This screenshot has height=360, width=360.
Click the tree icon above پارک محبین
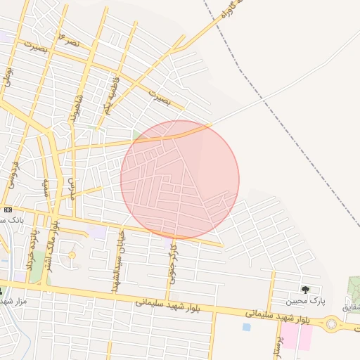(x=305, y=290)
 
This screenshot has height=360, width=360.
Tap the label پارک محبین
(x=306, y=301)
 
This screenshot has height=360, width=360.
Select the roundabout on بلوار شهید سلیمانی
(x=332, y=325)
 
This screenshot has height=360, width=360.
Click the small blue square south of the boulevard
(x=246, y=327)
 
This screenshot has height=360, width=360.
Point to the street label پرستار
(x=277, y=344)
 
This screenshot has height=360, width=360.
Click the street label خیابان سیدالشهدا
(x=117, y=261)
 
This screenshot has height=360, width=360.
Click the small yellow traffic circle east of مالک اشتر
(x=71, y=255)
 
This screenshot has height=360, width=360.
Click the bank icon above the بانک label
(x=8, y=210)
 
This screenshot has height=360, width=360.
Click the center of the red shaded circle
(x=180, y=179)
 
